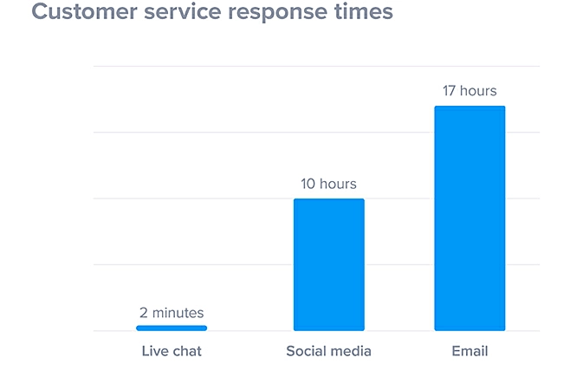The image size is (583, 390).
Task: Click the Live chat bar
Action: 172,328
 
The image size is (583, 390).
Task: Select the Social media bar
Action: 328,264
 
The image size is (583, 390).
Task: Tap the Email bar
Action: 470,218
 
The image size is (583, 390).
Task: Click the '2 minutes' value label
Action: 172,313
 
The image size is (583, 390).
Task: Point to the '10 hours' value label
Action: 328,184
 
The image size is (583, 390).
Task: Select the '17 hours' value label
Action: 470,90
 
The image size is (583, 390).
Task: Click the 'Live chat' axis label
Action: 172,352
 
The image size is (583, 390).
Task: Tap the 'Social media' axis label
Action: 328,352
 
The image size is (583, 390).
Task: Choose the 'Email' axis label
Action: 470,352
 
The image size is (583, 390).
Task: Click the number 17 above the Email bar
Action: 450,90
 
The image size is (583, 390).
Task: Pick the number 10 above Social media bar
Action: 308,184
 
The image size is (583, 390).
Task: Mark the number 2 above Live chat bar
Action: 144,313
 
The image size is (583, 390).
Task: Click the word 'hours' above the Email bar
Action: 478,90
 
